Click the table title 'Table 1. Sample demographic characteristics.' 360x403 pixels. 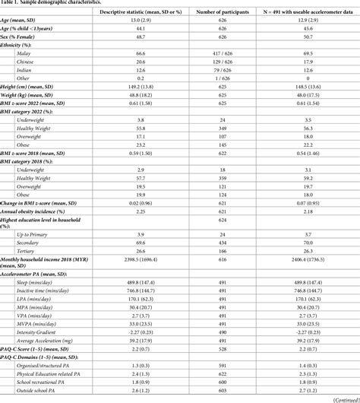pyautogui.click(x=55, y=4)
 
